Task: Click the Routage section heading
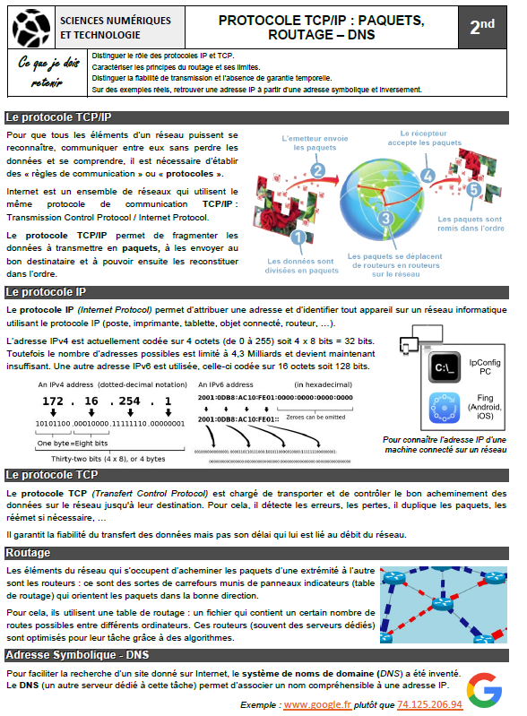pos(29,553)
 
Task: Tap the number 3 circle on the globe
pos(385,218)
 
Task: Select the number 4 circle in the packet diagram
pos(428,176)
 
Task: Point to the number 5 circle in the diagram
pos(473,190)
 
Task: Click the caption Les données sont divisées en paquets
pos(303,264)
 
